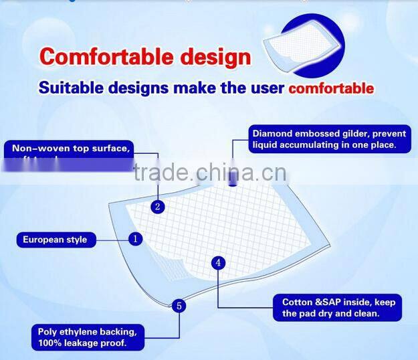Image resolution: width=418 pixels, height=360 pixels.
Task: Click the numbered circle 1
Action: point(135,238)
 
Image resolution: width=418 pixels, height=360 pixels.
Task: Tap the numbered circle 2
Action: point(157,206)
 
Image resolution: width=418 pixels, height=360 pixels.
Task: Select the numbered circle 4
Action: point(218,263)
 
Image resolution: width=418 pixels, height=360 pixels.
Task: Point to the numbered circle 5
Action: point(178,306)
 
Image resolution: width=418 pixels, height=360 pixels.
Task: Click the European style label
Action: point(56,239)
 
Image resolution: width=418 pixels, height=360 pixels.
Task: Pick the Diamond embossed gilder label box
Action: point(324,139)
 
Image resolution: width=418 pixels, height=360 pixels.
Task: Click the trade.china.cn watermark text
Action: point(209,173)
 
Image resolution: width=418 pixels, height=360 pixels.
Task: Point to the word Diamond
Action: point(272,132)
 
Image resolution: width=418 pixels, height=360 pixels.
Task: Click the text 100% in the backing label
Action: point(50,343)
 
